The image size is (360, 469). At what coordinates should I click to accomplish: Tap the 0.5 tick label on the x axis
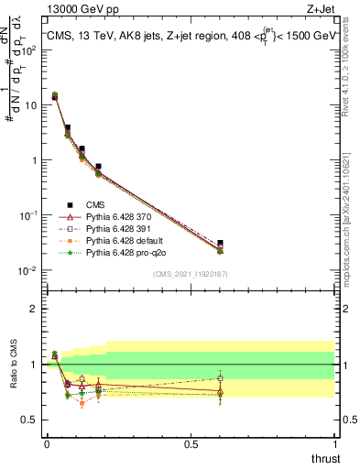click(x=191, y=442)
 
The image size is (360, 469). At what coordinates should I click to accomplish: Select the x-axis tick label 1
click(x=335, y=442)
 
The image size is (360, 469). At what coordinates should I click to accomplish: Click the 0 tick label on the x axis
click(x=47, y=442)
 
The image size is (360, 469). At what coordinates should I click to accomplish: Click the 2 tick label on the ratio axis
click(x=34, y=309)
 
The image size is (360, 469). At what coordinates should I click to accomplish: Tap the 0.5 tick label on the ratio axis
click(x=29, y=420)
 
